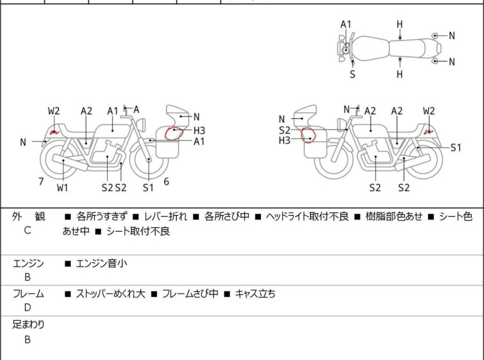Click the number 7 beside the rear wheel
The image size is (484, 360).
point(41,182)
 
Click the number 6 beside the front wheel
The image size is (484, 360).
point(167,182)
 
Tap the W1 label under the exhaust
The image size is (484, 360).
point(62,187)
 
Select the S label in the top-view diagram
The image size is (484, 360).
point(353,74)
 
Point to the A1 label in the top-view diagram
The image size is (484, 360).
point(346,24)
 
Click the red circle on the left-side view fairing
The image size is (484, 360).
point(174,133)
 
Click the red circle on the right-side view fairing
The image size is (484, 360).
point(308,135)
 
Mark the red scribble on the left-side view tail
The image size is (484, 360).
point(54,133)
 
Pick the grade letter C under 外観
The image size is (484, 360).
point(28,230)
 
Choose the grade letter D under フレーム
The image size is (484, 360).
point(28,307)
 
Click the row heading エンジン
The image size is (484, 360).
point(28,264)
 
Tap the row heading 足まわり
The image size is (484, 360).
point(28,325)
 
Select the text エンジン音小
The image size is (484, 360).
point(101,264)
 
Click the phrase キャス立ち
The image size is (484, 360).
point(255,293)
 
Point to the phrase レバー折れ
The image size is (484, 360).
point(166,216)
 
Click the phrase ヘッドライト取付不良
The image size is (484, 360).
point(307,216)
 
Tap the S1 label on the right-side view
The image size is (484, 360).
point(456,148)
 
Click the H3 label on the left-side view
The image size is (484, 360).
point(199,130)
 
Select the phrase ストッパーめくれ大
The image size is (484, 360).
point(110,293)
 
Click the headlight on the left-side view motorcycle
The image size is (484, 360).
point(141,124)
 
